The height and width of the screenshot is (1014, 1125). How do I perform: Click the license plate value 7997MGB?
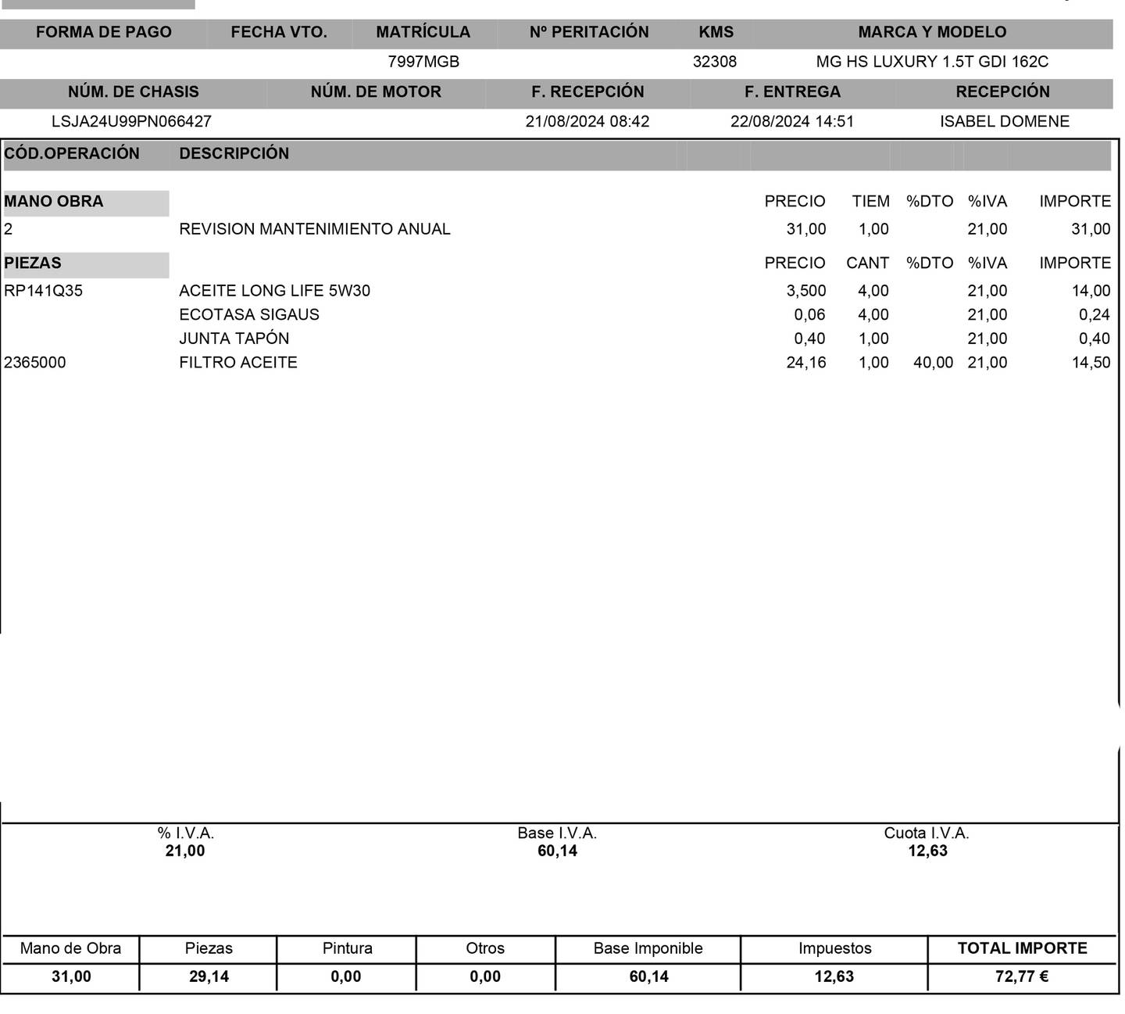click(x=423, y=62)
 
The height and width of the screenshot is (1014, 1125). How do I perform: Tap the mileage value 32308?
click(x=714, y=62)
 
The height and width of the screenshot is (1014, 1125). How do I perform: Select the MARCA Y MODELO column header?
click(x=932, y=32)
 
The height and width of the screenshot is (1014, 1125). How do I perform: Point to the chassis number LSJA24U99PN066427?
click(x=131, y=121)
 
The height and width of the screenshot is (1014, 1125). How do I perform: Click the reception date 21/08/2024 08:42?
click(x=587, y=121)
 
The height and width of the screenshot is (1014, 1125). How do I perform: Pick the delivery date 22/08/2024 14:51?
click(x=792, y=121)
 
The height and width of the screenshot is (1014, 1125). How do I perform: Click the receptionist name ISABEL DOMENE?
click(x=1004, y=121)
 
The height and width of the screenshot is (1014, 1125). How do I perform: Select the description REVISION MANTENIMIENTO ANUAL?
click(x=315, y=229)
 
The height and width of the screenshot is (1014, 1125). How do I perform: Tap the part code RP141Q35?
click(x=43, y=291)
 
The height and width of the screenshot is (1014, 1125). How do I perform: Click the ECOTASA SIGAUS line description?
click(x=249, y=314)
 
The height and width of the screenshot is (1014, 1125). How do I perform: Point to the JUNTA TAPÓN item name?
click(x=234, y=339)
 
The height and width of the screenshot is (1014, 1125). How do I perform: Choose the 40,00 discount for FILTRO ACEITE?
click(x=933, y=363)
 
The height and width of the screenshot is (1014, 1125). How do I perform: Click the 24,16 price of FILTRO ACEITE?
click(x=805, y=363)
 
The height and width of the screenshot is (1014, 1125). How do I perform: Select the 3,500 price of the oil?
click(x=805, y=291)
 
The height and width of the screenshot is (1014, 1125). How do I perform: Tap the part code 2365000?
click(x=35, y=363)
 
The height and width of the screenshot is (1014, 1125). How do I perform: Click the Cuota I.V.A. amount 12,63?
click(x=927, y=851)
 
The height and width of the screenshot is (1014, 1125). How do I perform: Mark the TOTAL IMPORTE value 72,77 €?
click(x=1022, y=976)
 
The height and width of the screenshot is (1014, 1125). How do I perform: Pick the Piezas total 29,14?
click(x=209, y=976)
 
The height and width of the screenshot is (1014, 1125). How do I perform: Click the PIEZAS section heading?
click(x=33, y=263)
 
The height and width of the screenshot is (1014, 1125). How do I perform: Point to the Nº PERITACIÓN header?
click(x=589, y=32)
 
